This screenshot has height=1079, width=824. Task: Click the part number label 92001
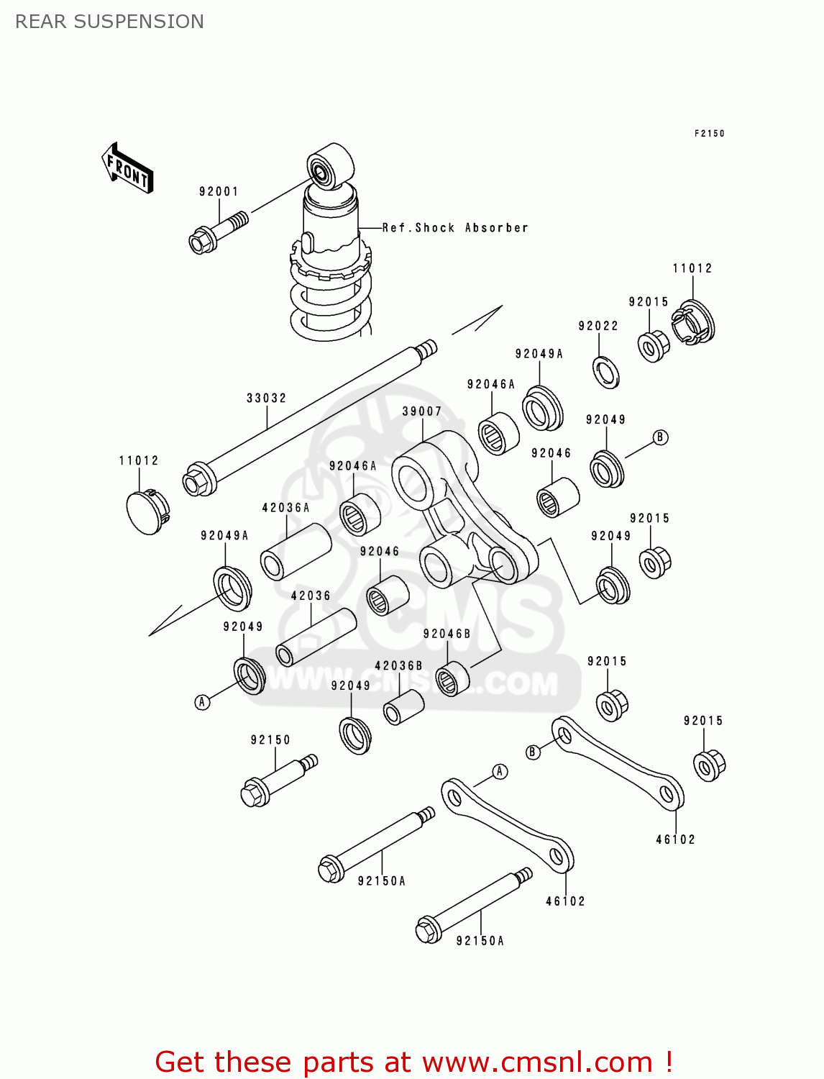tap(219, 191)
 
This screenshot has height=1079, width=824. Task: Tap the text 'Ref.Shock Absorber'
tap(454, 228)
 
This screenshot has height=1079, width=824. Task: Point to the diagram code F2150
tap(709, 133)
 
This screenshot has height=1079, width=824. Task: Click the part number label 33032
tap(266, 398)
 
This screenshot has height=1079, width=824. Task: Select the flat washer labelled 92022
tap(606, 372)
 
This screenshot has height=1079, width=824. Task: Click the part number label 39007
tap(421, 411)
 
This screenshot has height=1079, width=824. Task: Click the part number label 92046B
tap(447, 634)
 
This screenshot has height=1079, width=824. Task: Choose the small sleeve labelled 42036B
tap(403, 707)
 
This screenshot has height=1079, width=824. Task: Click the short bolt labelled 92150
tap(277, 781)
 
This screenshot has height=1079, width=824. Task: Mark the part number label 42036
tap(311, 596)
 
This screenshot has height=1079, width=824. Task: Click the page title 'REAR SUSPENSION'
tap(109, 22)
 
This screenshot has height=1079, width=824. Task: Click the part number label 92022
tap(598, 326)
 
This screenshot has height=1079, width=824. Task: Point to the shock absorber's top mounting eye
tap(330, 167)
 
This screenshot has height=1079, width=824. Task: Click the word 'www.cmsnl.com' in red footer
tap(537, 1062)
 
